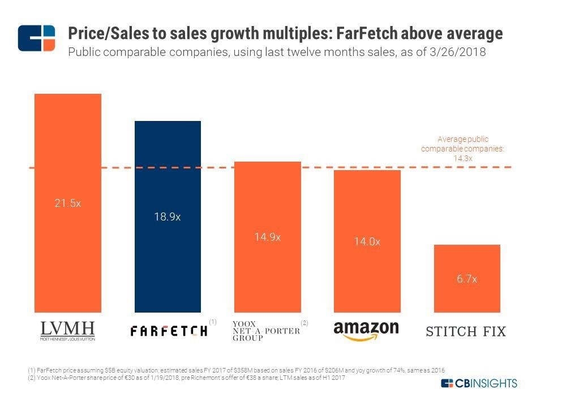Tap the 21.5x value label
coord(68,203)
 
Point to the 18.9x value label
coord(168,217)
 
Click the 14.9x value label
coord(267,237)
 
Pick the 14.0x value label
coord(367,241)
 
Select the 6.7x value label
coord(467,279)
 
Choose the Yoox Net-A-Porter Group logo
coord(265,331)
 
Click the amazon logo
coord(366,331)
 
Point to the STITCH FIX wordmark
coord(466,331)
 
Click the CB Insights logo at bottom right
coord(479,383)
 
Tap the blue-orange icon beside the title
coord(36,38)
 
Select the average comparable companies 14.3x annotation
coord(462,149)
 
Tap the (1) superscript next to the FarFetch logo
coord(213,322)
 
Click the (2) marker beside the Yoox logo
coord(304,322)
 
